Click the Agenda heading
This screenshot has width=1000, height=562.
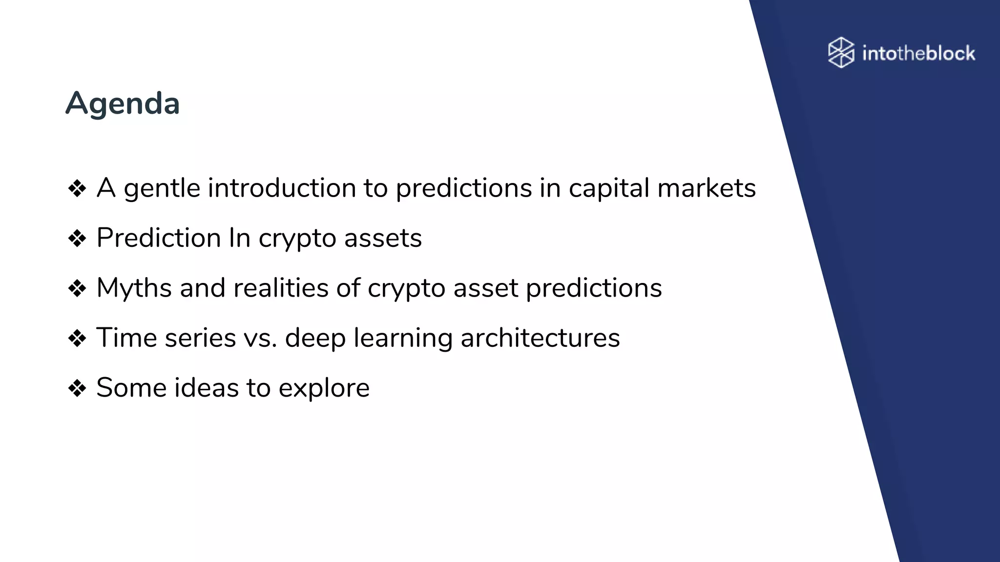(x=123, y=103)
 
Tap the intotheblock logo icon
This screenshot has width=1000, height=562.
(x=841, y=52)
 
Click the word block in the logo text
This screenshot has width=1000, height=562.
(x=950, y=53)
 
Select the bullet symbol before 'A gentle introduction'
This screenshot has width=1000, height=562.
(x=77, y=189)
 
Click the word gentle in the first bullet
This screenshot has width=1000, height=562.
(x=162, y=189)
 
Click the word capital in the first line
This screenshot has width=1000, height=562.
(x=608, y=189)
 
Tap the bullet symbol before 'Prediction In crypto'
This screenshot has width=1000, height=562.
(x=77, y=239)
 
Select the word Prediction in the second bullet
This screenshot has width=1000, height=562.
(x=159, y=238)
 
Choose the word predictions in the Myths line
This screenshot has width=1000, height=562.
(x=594, y=288)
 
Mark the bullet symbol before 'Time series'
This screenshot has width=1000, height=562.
(x=77, y=338)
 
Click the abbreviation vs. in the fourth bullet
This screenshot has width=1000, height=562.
(x=260, y=338)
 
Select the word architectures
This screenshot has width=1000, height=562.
(x=540, y=338)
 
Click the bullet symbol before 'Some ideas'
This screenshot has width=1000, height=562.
(x=77, y=388)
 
